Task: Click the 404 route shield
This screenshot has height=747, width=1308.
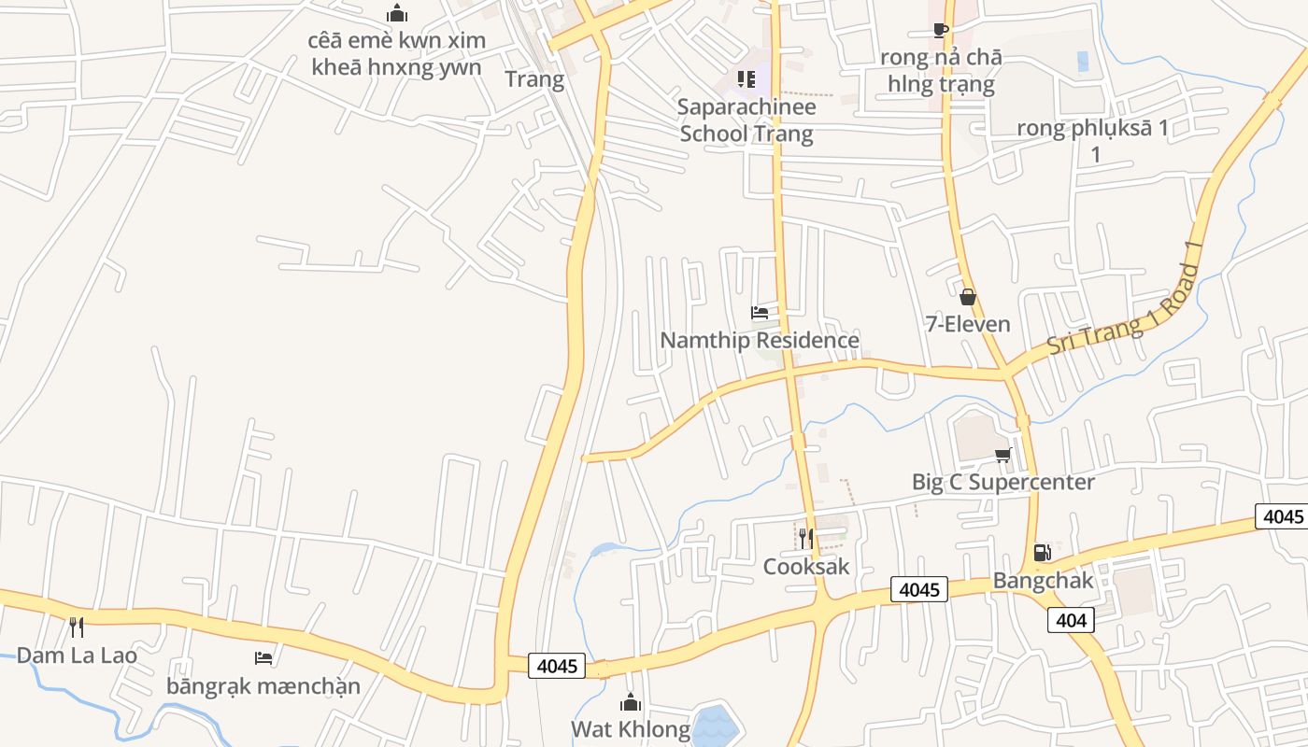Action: (x=1071, y=620)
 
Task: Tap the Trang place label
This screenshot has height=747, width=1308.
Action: (x=534, y=79)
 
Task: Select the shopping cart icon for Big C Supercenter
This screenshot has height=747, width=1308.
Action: (x=1003, y=455)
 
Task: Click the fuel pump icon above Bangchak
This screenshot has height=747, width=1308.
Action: (x=1042, y=553)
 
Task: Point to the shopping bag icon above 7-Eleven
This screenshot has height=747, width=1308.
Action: (x=968, y=297)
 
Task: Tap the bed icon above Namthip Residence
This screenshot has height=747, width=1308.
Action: (x=760, y=312)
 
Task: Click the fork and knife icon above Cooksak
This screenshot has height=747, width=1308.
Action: (x=806, y=538)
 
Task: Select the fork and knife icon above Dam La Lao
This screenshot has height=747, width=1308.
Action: (x=77, y=627)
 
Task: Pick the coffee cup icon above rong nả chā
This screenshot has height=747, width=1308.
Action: (x=941, y=31)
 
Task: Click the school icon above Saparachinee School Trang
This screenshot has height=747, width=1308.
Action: (x=746, y=78)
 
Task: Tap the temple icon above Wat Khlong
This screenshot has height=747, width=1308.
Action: (x=631, y=701)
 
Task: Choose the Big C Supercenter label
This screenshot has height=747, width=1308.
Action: (x=1003, y=482)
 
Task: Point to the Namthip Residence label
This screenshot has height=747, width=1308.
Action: (x=760, y=340)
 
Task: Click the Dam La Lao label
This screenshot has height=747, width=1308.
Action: (x=77, y=655)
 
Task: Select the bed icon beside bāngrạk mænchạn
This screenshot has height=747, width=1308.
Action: (x=263, y=658)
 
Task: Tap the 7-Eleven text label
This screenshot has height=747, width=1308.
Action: (x=968, y=324)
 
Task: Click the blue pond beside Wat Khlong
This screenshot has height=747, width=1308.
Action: (x=715, y=726)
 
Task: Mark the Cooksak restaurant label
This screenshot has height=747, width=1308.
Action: (x=806, y=566)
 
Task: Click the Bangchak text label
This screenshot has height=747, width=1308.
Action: (x=1043, y=580)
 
